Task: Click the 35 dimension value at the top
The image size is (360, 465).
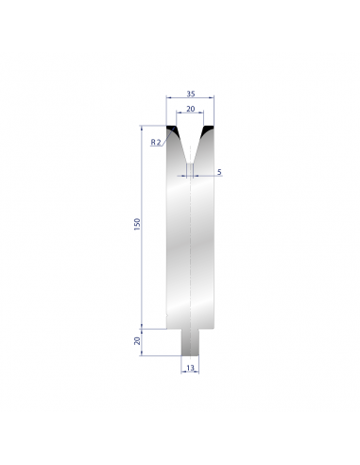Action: point(191,94)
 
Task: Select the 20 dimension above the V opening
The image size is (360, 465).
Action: point(191,109)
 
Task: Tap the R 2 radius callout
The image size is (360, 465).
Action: point(156,142)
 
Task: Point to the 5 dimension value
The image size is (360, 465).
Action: point(219,172)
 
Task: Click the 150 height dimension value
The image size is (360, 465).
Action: point(137,224)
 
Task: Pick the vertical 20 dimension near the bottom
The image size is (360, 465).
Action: point(137,341)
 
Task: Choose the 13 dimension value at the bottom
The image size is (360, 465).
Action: point(190,368)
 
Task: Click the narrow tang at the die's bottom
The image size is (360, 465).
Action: point(190,342)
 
